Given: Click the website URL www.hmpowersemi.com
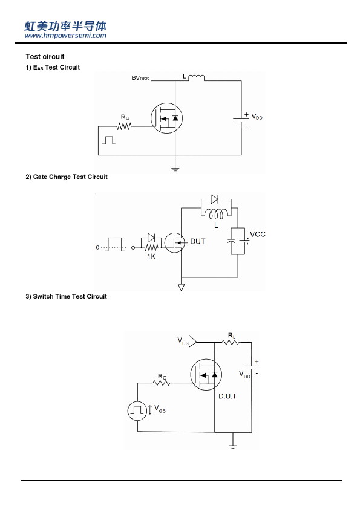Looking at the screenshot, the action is tap(65, 36).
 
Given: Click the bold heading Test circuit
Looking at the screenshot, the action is tap(45, 57).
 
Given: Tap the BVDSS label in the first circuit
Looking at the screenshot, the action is tap(140, 78).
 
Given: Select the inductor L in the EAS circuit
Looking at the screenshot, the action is tap(196, 77).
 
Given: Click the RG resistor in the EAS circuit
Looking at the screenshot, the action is tap(124, 126).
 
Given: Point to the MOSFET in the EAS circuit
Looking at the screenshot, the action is tap(166, 118).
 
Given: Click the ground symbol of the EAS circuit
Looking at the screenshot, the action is tap(175, 169).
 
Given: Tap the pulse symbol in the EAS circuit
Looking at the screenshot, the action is tap(109, 140).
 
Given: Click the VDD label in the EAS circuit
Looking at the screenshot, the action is tap(257, 117).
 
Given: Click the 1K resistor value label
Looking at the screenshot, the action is tap(151, 257).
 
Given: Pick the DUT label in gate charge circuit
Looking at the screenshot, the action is tap(197, 242).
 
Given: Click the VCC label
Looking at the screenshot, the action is tap(258, 235).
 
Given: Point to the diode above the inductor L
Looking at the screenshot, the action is tap(214, 199).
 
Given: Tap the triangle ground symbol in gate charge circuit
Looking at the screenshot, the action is tap(182, 287).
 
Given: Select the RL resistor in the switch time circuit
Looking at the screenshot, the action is tap(231, 342).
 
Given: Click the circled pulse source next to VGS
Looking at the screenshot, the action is tap(137, 410).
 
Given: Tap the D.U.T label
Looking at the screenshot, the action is tap(227, 396).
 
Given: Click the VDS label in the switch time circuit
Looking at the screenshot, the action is tap(183, 341).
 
